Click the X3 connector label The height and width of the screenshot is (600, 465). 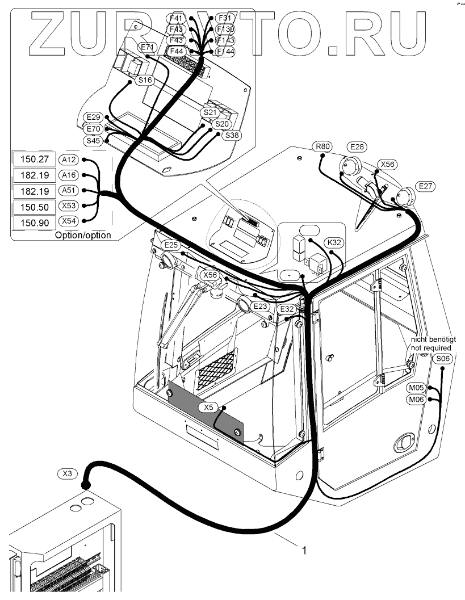pos(67,472)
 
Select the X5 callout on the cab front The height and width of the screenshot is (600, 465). pos(209,407)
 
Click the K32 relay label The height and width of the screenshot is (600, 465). pos(335,242)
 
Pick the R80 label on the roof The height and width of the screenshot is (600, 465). pos(322,146)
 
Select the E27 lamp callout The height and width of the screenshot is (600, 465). pos(425,186)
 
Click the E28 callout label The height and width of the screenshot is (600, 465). pos(357,146)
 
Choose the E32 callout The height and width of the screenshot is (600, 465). pos(287,309)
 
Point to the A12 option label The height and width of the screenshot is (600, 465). pos(69,160)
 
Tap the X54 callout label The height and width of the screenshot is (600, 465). pos(69,221)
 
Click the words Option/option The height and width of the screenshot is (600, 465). pos(83,235)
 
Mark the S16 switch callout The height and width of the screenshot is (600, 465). pos(145,81)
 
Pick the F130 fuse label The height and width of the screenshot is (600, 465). pos(225,29)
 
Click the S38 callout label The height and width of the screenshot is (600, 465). pos(232,135)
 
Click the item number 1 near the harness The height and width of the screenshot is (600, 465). pos(305,550)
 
